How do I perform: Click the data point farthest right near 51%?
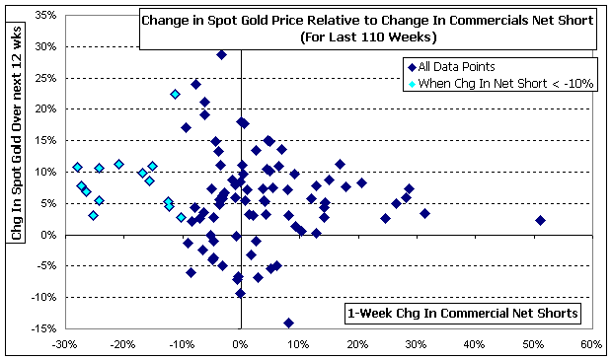point(540,220)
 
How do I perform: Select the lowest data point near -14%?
point(289,323)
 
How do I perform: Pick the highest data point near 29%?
point(221,54)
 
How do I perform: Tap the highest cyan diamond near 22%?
point(176,94)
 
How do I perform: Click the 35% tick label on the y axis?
point(46,16)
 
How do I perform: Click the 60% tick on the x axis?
point(591,345)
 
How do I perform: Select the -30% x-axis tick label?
point(65,345)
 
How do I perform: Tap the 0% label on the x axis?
point(241,345)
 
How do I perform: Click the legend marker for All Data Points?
point(412,67)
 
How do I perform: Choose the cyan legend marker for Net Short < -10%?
point(412,84)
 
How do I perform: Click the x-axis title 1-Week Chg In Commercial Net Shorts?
point(463,314)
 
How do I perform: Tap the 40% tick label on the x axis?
point(475,345)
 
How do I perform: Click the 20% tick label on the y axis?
point(46,109)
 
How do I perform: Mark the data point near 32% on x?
point(425,213)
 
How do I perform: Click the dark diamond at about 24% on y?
point(195,84)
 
